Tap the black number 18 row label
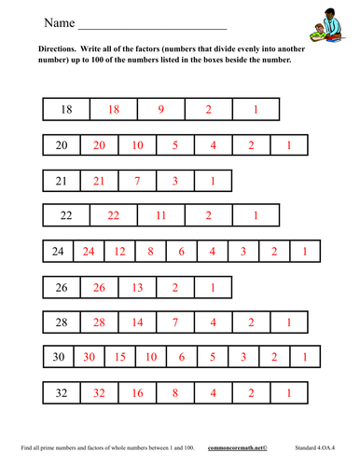(x=66, y=110)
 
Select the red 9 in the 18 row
(x=160, y=110)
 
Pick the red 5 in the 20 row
(x=174, y=145)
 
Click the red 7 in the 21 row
(x=137, y=181)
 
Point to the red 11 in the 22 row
(x=160, y=215)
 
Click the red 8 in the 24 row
(x=151, y=251)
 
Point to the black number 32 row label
(x=62, y=392)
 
